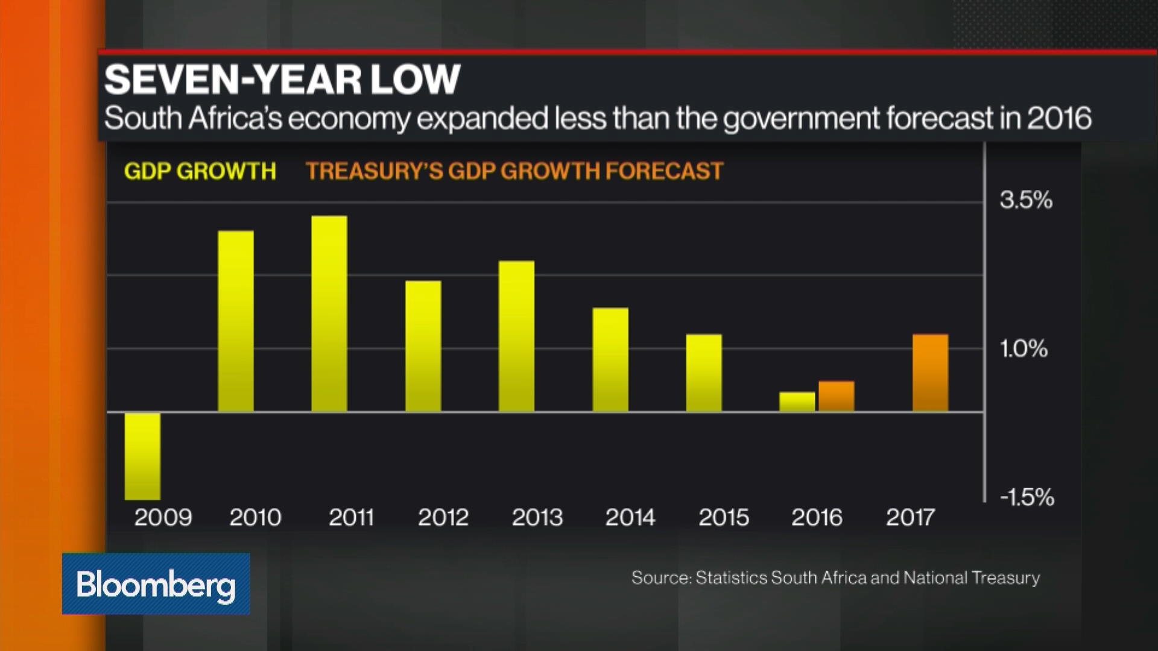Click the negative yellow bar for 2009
(x=142, y=456)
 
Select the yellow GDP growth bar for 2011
(x=329, y=313)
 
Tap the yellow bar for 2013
(x=516, y=336)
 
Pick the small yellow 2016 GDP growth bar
(x=797, y=402)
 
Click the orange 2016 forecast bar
(x=836, y=396)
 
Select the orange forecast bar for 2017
(x=930, y=373)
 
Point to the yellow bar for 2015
(x=703, y=373)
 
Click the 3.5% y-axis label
(x=1026, y=200)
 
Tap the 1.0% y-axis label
(x=1024, y=349)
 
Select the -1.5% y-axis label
(x=1027, y=497)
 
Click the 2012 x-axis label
(x=443, y=517)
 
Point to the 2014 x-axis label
(x=630, y=517)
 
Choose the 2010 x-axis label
(x=255, y=517)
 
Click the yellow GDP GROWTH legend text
(x=200, y=171)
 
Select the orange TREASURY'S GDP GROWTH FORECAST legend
(x=514, y=171)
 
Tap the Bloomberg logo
(x=156, y=584)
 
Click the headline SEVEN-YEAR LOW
(x=282, y=79)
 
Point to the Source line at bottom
(x=835, y=577)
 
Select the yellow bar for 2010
(x=236, y=321)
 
